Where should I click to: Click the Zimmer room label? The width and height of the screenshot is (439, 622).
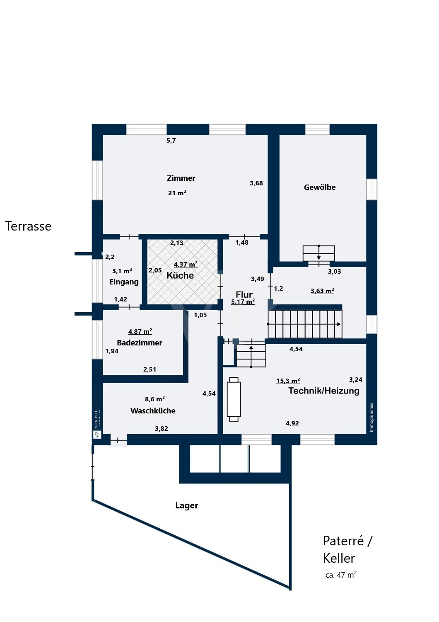181,178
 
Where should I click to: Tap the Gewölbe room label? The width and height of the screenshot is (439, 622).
320,187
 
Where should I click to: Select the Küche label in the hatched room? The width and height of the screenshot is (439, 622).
180,276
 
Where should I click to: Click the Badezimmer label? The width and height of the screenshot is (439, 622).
140,343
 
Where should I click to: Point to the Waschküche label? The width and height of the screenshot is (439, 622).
153,411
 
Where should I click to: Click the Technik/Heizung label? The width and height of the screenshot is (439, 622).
324,391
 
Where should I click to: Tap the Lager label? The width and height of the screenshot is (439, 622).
187,505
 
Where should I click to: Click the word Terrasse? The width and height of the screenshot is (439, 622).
28,226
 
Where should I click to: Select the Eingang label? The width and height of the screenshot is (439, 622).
124,282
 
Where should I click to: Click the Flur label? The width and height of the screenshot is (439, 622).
244,294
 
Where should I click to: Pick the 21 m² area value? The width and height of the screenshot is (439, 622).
177,193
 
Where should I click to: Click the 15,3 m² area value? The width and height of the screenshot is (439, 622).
288,381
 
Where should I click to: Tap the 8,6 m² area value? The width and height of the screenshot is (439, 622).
154,399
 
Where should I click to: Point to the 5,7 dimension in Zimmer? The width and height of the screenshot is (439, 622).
171,141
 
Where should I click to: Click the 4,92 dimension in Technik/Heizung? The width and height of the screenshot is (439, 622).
292,423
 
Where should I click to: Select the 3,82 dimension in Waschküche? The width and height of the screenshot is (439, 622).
161,429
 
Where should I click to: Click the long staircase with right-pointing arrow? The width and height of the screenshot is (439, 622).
305,324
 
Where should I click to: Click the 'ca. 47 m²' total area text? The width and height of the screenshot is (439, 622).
341,575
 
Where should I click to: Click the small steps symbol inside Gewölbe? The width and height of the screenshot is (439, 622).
318,253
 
